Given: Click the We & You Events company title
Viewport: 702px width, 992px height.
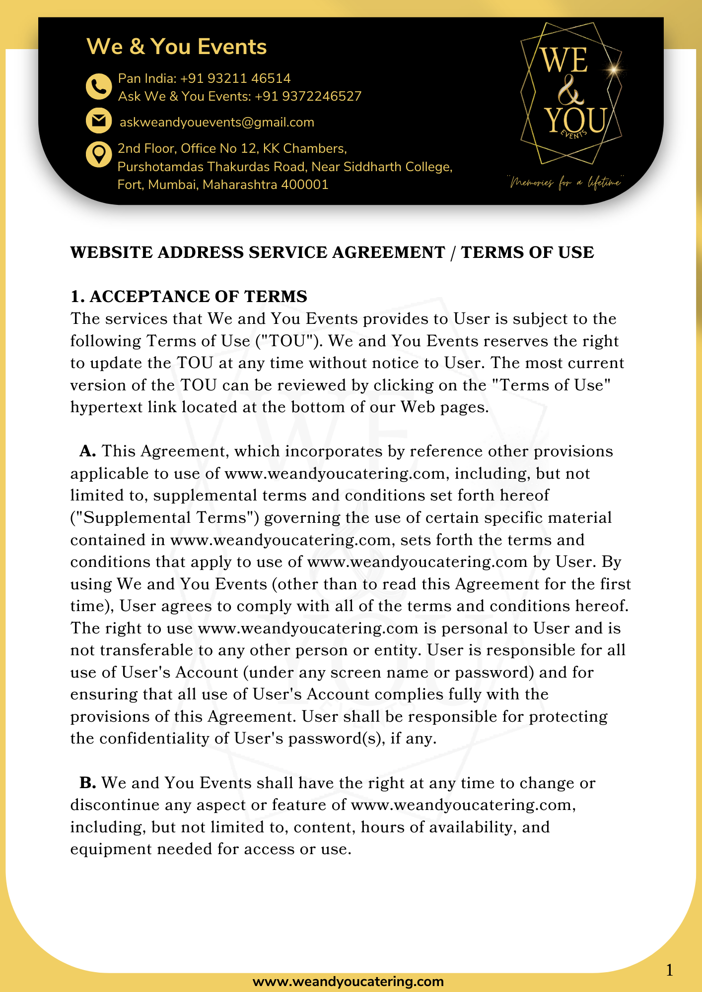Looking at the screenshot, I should click(x=176, y=47).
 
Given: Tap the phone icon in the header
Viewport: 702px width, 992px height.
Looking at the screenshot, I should click(x=99, y=87).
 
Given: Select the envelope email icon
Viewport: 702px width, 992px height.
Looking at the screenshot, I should click(x=99, y=121).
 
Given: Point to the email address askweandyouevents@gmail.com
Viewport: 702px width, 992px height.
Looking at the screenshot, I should click(x=217, y=123).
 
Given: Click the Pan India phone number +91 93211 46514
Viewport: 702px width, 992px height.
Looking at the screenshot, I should click(x=235, y=78).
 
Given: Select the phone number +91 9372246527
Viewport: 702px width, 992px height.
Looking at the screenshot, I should click(x=308, y=96).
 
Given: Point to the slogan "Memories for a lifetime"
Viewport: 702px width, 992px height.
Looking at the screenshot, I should click(x=565, y=183).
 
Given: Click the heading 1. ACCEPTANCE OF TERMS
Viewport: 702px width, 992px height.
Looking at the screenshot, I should click(x=189, y=297).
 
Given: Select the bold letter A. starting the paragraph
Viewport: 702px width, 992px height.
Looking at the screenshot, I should click(x=87, y=451).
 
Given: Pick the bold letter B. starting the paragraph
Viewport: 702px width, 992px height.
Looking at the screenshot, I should click(x=87, y=783).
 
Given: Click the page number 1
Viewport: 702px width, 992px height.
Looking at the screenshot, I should click(x=669, y=970).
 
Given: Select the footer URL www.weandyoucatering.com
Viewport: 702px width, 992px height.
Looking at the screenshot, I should click(x=348, y=982).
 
